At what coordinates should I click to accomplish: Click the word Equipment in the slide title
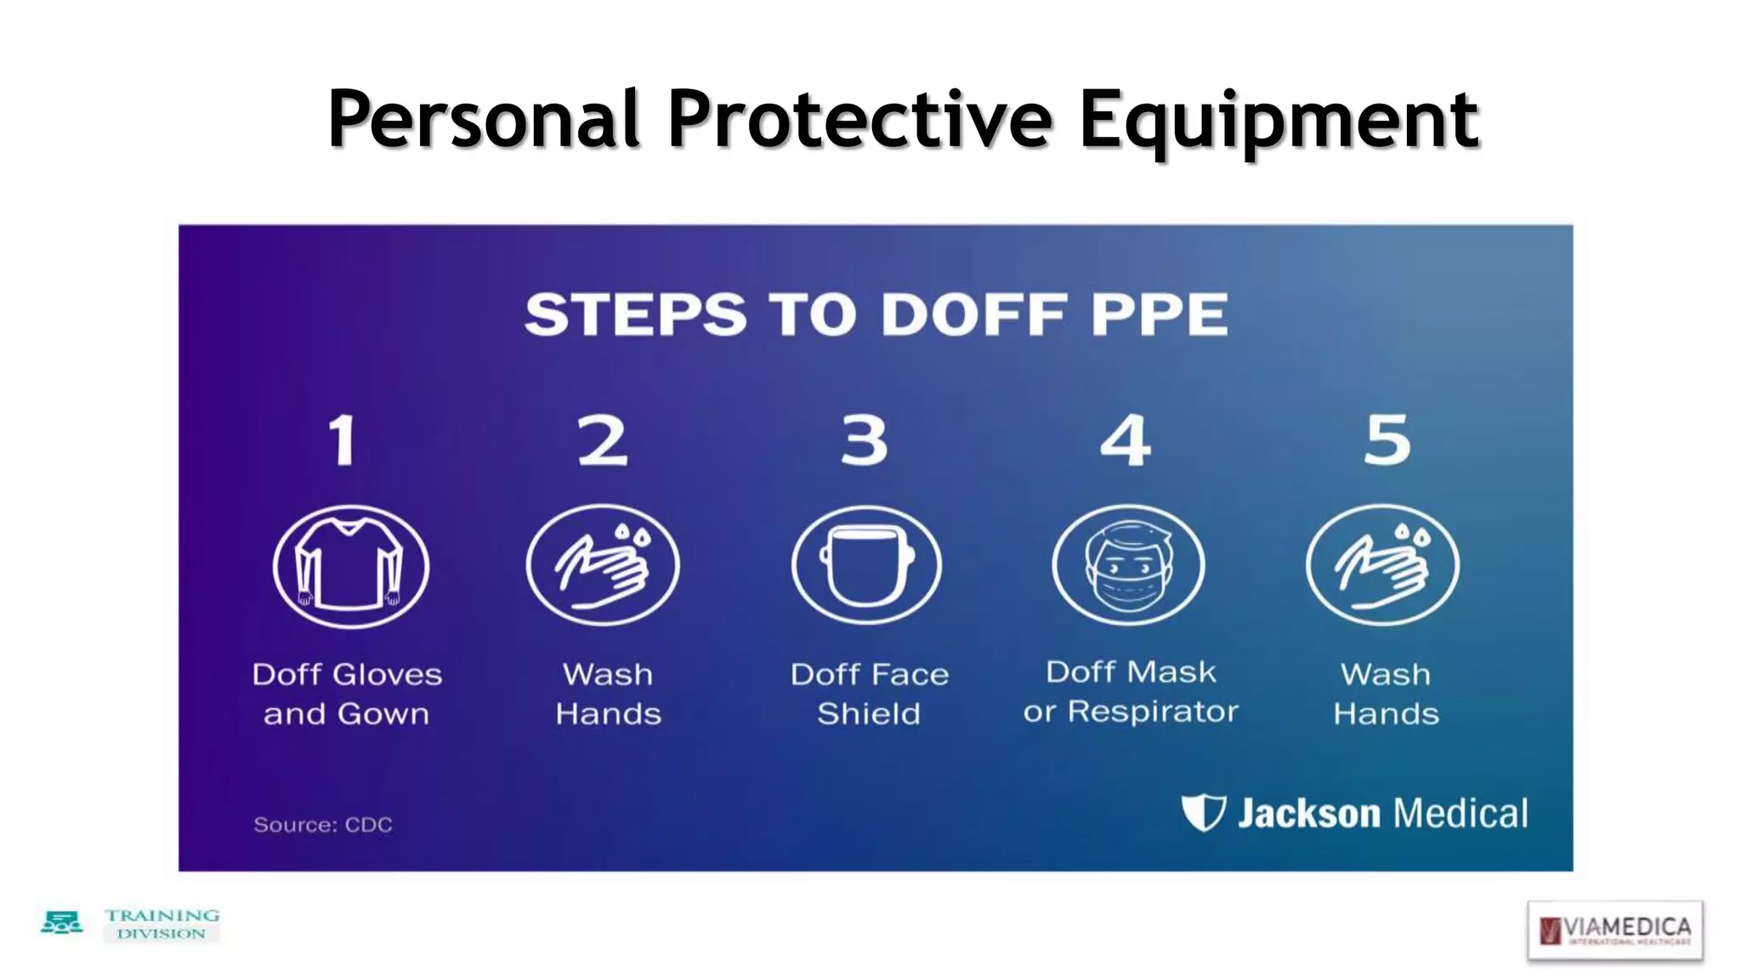coord(1279,121)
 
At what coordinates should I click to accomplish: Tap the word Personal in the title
coord(483,121)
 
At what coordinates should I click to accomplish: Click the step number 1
coord(342,440)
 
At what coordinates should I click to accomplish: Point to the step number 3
coord(864,440)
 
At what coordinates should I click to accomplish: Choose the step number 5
coord(1387,439)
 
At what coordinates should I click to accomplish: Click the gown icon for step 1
coord(350,566)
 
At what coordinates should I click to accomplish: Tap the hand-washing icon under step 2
coord(603,565)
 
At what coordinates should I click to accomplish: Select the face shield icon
coord(866,565)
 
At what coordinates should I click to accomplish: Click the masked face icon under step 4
coord(1128,565)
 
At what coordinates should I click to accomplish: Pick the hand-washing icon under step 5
coord(1382,565)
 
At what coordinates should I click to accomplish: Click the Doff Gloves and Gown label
coord(347,693)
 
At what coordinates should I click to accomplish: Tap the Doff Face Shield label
coord(869,693)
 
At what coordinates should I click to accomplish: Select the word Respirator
coord(1153,711)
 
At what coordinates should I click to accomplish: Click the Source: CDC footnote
coord(323,824)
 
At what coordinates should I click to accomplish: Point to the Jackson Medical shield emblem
coord(1203,812)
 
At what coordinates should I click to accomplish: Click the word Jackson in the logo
coord(1308,813)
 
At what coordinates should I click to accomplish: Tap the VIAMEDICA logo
coord(1614,931)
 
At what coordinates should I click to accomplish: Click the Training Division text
coord(162,924)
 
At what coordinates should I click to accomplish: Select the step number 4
coord(1125,440)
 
